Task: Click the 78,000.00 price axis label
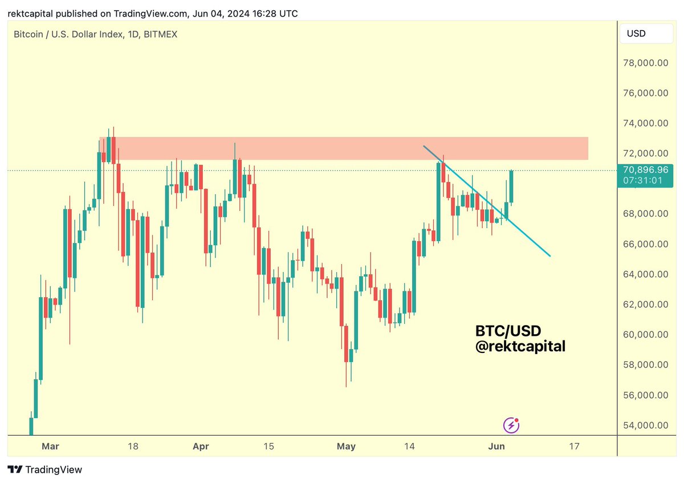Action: pyautogui.click(x=647, y=63)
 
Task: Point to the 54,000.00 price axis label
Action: pyautogui.click(x=647, y=425)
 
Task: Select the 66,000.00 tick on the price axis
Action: pyautogui.click(x=647, y=244)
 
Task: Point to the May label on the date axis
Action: pyautogui.click(x=346, y=446)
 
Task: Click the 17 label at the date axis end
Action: pyautogui.click(x=574, y=446)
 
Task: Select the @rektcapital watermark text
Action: pyautogui.click(x=520, y=346)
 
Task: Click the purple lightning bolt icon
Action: pyautogui.click(x=511, y=425)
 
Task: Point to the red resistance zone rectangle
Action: pyautogui.click(x=342, y=148)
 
